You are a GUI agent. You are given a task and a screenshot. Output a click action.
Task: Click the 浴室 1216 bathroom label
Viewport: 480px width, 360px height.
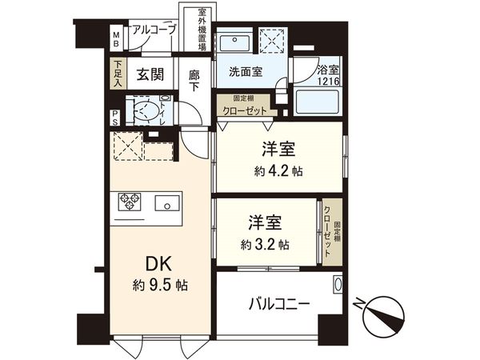coord(329,76)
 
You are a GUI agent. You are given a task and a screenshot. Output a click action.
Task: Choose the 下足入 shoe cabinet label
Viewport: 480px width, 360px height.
coord(118,75)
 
